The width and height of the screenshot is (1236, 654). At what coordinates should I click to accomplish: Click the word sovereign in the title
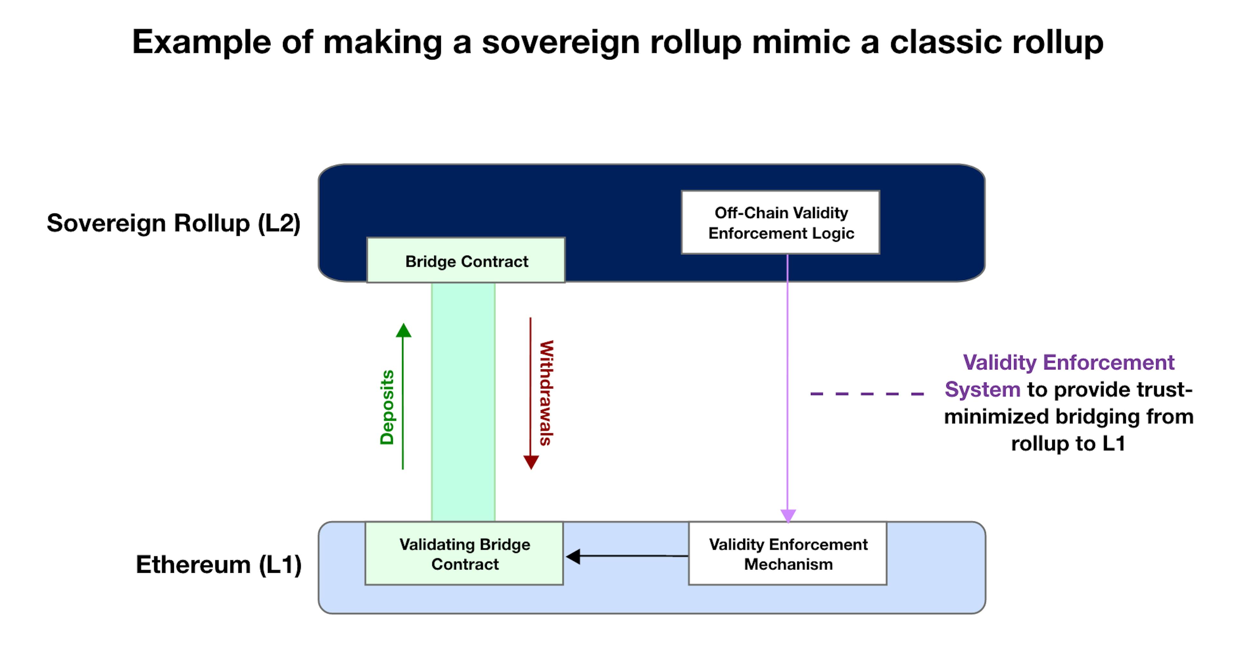tap(561, 42)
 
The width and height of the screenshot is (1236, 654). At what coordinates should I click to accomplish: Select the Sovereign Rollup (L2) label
tap(174, 223)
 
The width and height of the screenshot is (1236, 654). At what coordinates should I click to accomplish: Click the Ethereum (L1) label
tap(219, 565)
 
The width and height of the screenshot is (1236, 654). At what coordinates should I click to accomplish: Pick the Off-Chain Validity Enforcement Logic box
tap(781, 222)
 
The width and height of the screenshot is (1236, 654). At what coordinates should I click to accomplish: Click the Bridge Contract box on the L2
tap(466, 260)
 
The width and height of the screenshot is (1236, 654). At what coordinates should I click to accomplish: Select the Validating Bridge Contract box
tap(464, 553)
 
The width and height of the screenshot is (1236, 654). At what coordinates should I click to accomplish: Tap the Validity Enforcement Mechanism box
tap(788, 553)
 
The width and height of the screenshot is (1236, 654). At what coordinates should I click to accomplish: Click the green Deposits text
tap(387, 407)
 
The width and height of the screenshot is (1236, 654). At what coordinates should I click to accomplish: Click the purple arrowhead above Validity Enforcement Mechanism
tap(788, 516)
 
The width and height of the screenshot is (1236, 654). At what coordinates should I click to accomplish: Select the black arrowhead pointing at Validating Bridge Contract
tap(573, 556)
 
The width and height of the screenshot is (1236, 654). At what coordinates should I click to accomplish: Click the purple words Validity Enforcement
tap(1069, 362)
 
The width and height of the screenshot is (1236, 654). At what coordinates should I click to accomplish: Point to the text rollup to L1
tap(1068, 443)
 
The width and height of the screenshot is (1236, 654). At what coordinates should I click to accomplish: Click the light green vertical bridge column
tap(463, 402)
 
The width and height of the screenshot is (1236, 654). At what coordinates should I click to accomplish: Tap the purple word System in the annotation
tap(982, 390)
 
